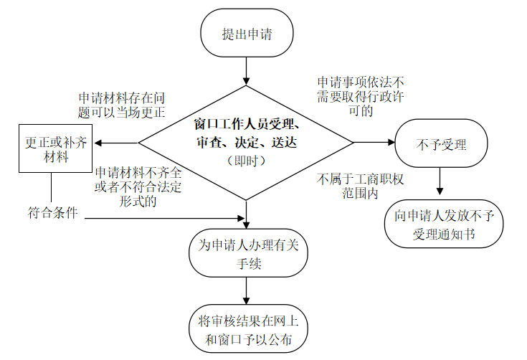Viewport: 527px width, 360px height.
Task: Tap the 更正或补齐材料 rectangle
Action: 52,149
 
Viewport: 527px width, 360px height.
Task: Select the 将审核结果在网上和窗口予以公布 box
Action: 246,329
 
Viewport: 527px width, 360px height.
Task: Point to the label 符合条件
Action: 52,213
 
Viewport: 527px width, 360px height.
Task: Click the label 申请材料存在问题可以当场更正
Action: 122,104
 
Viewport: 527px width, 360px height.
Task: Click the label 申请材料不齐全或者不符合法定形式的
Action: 136,186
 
